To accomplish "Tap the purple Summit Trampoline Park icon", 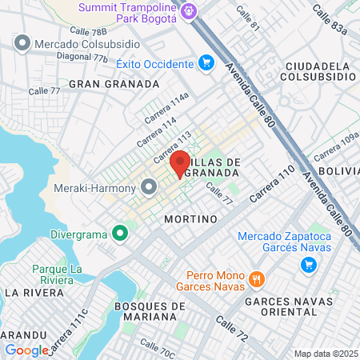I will point(189,11).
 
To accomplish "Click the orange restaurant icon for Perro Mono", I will point(257,279).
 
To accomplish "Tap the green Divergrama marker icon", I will point(120,233).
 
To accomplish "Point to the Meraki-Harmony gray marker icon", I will point(149,187).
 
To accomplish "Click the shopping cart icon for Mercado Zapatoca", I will point(307,266).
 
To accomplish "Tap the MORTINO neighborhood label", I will point(190,218).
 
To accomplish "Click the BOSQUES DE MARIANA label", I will point(150,311).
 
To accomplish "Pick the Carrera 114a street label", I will point(166,107).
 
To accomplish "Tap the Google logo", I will point(26,350).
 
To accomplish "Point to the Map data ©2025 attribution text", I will point(325,354).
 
